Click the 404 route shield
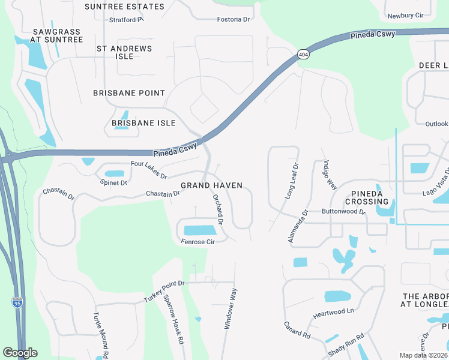pos(303,53)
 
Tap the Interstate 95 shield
pos(17,302)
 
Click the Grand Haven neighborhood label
pos(212,185)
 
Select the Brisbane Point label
pos(129,93)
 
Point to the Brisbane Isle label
pos(143,123)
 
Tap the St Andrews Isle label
pos(124,52)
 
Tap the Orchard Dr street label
pos(218,209)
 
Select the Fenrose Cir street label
pos(197,242)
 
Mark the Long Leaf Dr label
pos(291,181)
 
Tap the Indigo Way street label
pos(330,174)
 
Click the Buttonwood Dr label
pos(343,212)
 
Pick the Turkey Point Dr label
pos(164,291)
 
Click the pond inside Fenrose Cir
pos(199,230)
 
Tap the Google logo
pos(20,353)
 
